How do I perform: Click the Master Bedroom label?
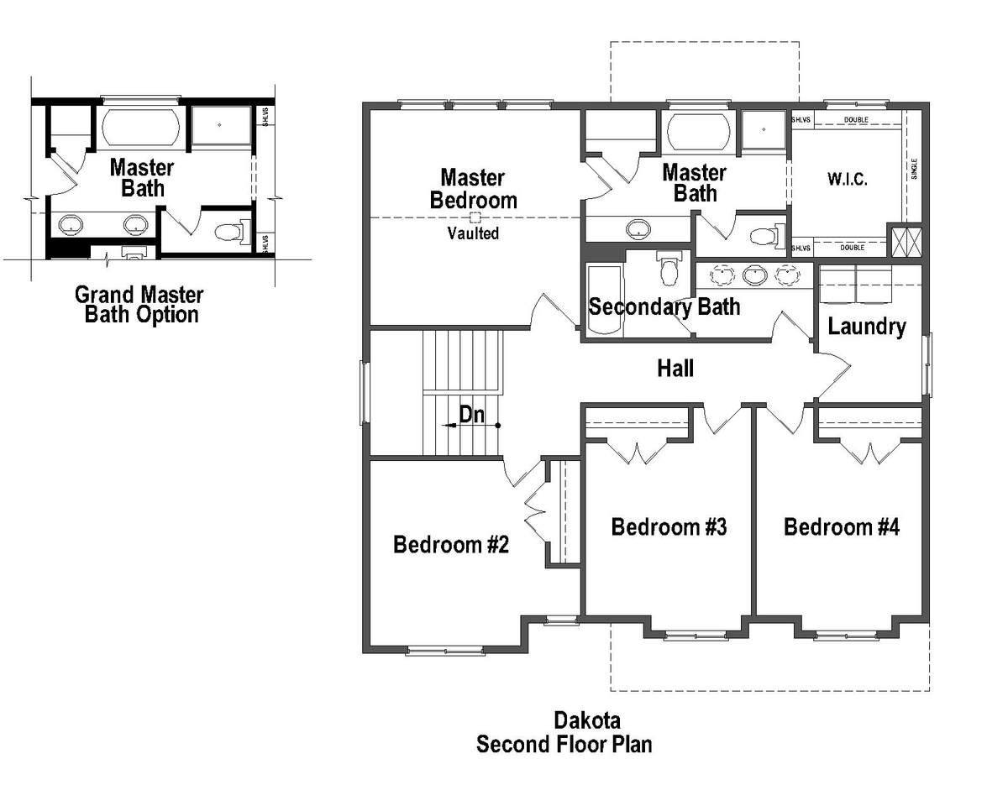[474, 189]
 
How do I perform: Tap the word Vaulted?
[473, 233]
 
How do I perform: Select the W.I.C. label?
[848, 179]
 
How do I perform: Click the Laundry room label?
[867, 327]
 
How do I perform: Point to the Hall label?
[675, 369]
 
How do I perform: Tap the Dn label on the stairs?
[472, 415]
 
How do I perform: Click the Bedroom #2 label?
[451, 545]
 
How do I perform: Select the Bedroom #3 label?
[669, 527]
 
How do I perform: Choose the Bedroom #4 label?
[842, 527]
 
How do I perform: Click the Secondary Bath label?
[664, 307]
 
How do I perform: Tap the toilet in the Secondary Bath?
[668, 268]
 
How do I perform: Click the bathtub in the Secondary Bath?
[605, 301]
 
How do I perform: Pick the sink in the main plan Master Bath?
[638, 228]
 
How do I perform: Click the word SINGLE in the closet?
[914, 169]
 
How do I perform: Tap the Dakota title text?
[587, 720]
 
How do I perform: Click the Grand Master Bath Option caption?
[139, 305]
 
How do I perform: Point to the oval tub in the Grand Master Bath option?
[140, 128]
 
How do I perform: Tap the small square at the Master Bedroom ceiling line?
[475, 217]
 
